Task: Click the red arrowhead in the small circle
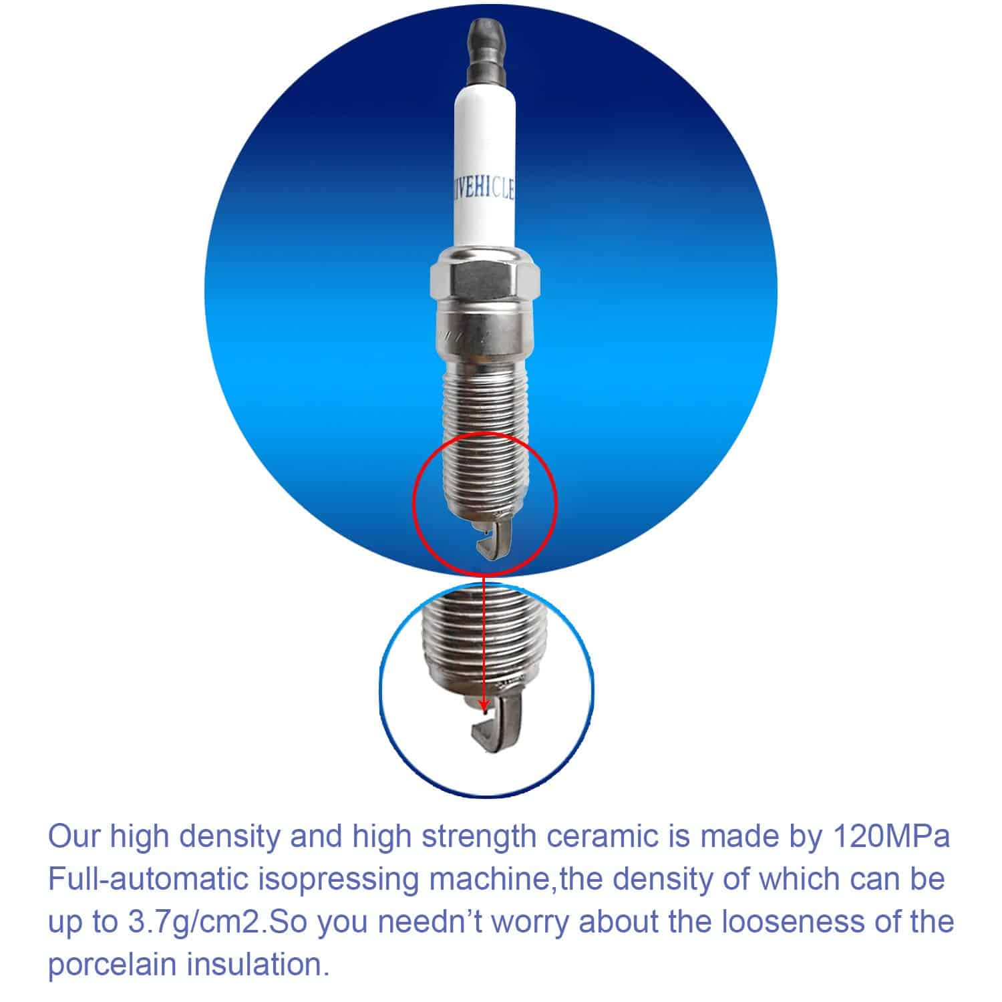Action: pos(484,707)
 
